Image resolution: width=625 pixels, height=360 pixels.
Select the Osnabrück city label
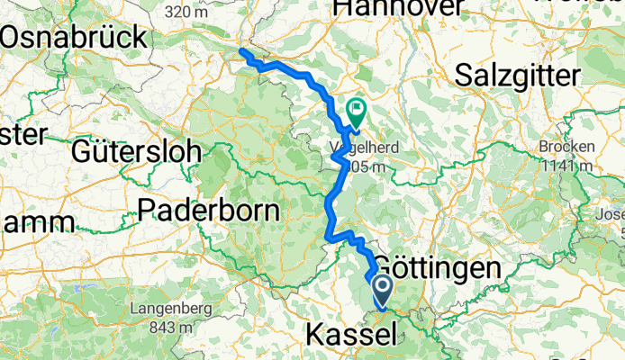tap(74, 38)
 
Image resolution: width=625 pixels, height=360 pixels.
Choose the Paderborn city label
tap(210, 210)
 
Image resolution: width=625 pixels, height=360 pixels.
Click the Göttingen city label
tap(436, 268)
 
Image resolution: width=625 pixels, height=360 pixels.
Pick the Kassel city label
tap(351, 336)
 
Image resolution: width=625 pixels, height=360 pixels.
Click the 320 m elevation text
tap(187, 12)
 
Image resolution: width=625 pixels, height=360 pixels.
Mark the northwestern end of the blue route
tap(241, 51)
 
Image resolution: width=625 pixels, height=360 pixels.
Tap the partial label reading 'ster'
tap(22, 135)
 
